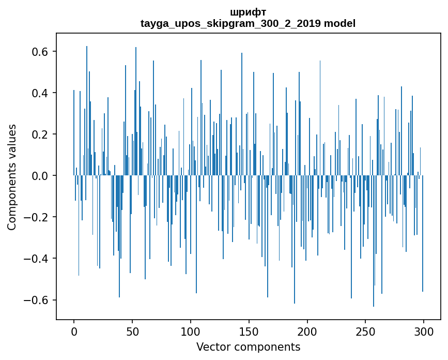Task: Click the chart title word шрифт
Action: pyautogui.click(x=248, y=12)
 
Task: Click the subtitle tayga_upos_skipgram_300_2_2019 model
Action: pyautogui.click(x=248, y=23)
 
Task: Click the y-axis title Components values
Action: pyautogui.click(x=12, y=177)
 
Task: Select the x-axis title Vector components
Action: pyautogui.click(x=248, y=347)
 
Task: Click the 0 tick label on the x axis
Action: pyautogui.click(x=74, y=331)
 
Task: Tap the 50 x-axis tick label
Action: pyautogui.click(x=132, y=331)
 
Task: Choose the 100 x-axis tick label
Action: pyautogui.click(x=191, y=331)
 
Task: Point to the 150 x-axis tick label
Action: pyautogui.click(x=249, y=331)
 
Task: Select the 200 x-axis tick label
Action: pyautogui.click(x=307, y=331)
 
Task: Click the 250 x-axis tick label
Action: pyautogui.click(x=365, y=331)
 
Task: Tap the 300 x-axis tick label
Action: pyautogui.click(x=424, y=331)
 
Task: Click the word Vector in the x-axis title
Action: pyautogui.click(x=213, y=347)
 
